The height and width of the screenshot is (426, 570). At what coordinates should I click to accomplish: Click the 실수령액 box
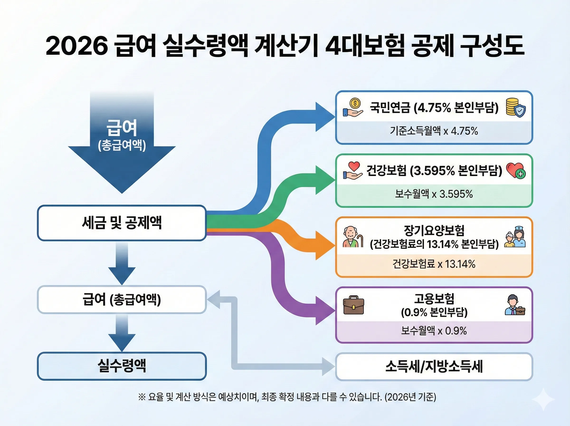point(122,366)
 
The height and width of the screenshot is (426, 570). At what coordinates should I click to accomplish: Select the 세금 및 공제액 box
point(122,223)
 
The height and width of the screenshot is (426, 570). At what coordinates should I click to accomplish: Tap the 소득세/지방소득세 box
point(434,366)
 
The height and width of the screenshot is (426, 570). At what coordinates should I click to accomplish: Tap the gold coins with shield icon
point(515,108)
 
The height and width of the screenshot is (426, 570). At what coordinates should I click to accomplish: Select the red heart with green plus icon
point(516,170)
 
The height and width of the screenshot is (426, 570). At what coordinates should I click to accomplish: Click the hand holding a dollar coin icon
point(353,108)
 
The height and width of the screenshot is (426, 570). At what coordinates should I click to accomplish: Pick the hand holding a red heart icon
point(353,170)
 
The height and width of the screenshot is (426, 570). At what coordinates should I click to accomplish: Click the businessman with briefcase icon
point(515,305)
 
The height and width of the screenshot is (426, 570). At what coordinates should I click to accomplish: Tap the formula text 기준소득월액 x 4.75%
point(434,131)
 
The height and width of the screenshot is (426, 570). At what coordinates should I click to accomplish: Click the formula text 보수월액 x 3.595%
point(434,194)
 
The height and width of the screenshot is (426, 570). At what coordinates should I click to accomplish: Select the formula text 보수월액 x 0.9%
point(434,331)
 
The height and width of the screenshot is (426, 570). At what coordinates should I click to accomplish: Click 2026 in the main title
point(77,46)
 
